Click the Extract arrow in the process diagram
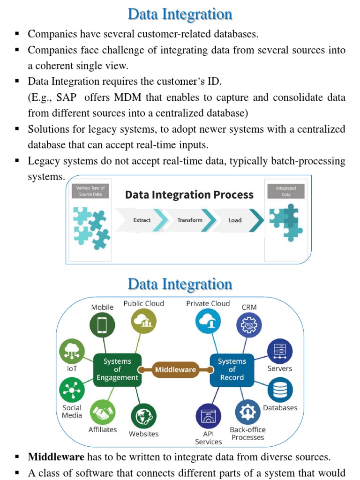tap(142, 220)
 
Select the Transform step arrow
tap(190, 220)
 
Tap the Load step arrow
tap(236, 220)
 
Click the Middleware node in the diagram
tap(175, 369)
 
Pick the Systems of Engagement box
tap(117, 369)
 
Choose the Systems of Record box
tap(232, 369)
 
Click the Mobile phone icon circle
tap(102, 325)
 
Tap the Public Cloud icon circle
tap(143, 321)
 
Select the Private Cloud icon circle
tap(208, 321)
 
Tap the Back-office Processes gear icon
tap(247, 412)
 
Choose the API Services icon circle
tap(208, 416)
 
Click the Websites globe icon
tap(143, 416)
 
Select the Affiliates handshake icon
tap(103, 412)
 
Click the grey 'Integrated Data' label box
tap(285, 191)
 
